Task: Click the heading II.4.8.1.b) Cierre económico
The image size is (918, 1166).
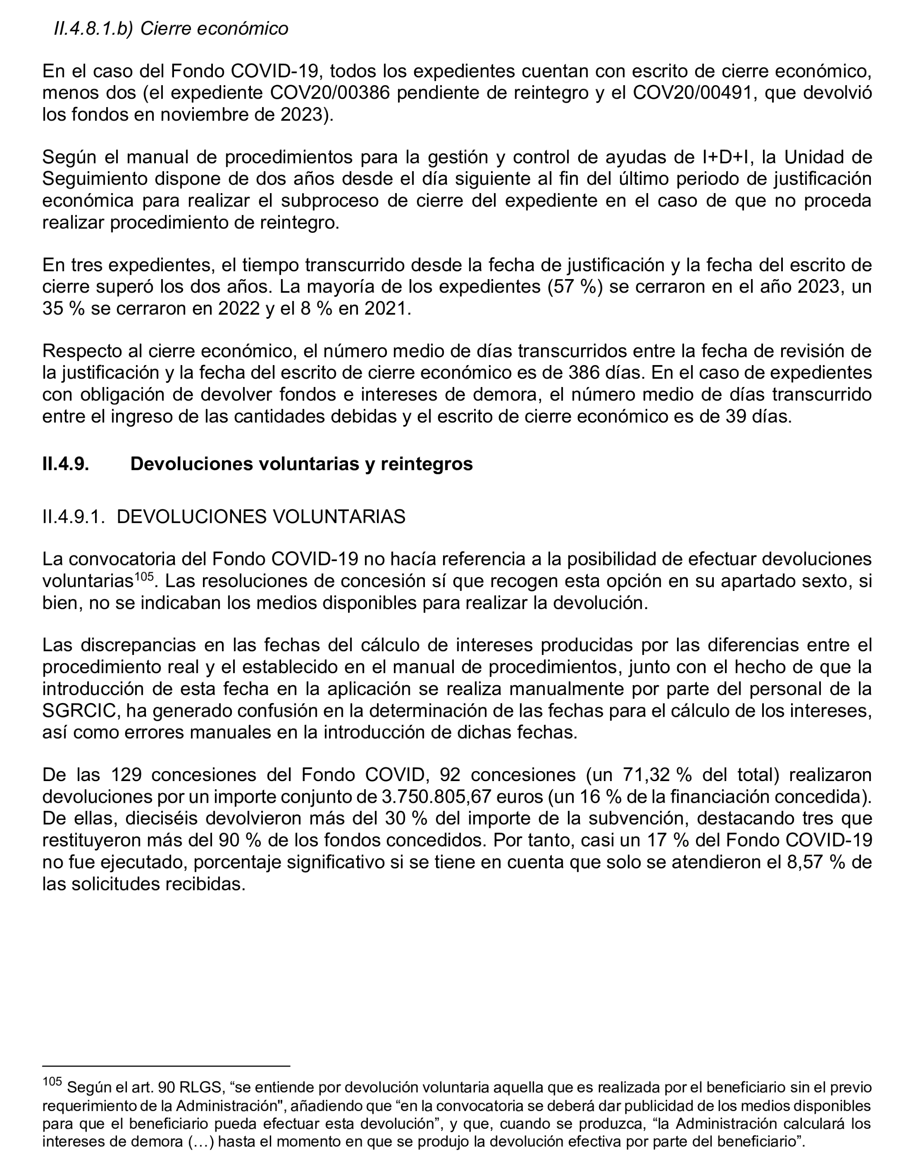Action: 171,29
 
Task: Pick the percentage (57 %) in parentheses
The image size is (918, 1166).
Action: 576,287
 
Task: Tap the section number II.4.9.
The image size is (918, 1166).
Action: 66,464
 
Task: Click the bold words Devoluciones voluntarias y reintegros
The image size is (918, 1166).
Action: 301,464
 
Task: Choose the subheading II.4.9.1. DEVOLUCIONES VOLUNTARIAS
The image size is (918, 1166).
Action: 224,516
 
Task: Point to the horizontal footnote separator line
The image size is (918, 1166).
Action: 166,1065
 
